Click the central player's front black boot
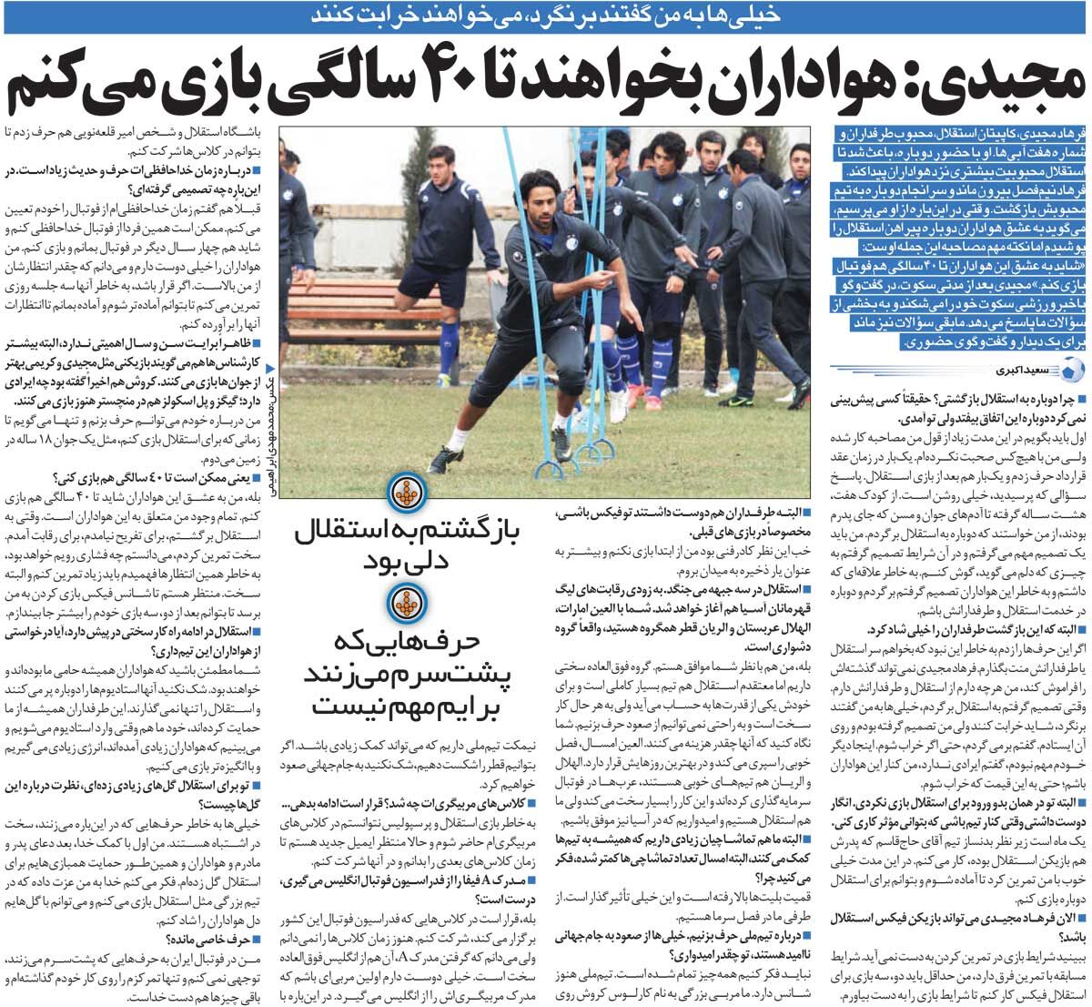(x=445, y=461)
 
